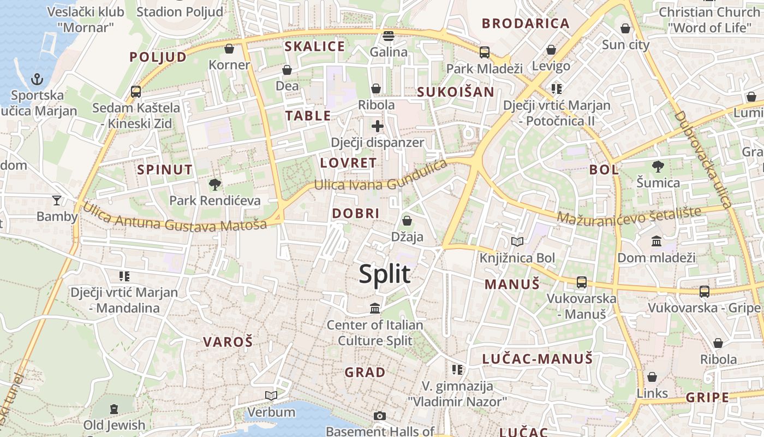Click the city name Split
[384, 274]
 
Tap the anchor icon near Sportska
[37, 79]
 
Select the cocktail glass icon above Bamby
[57, 200]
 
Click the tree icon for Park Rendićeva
[215, 184]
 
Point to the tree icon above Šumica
[658, 166]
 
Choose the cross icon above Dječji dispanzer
[377, 126]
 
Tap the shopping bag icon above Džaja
[407, 221]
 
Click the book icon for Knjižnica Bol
[517, 241]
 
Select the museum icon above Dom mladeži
[656, 241]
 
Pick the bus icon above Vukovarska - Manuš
[582, 282]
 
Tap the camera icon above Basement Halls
[380, 416]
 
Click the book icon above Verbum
[271, 395]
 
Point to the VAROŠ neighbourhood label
[228, 342]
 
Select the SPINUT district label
[165, 170]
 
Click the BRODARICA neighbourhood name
[526, 23]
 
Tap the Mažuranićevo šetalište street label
[629, 214]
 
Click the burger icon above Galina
[389, 36]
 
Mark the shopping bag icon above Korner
[229, 49]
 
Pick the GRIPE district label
[707, 397]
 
